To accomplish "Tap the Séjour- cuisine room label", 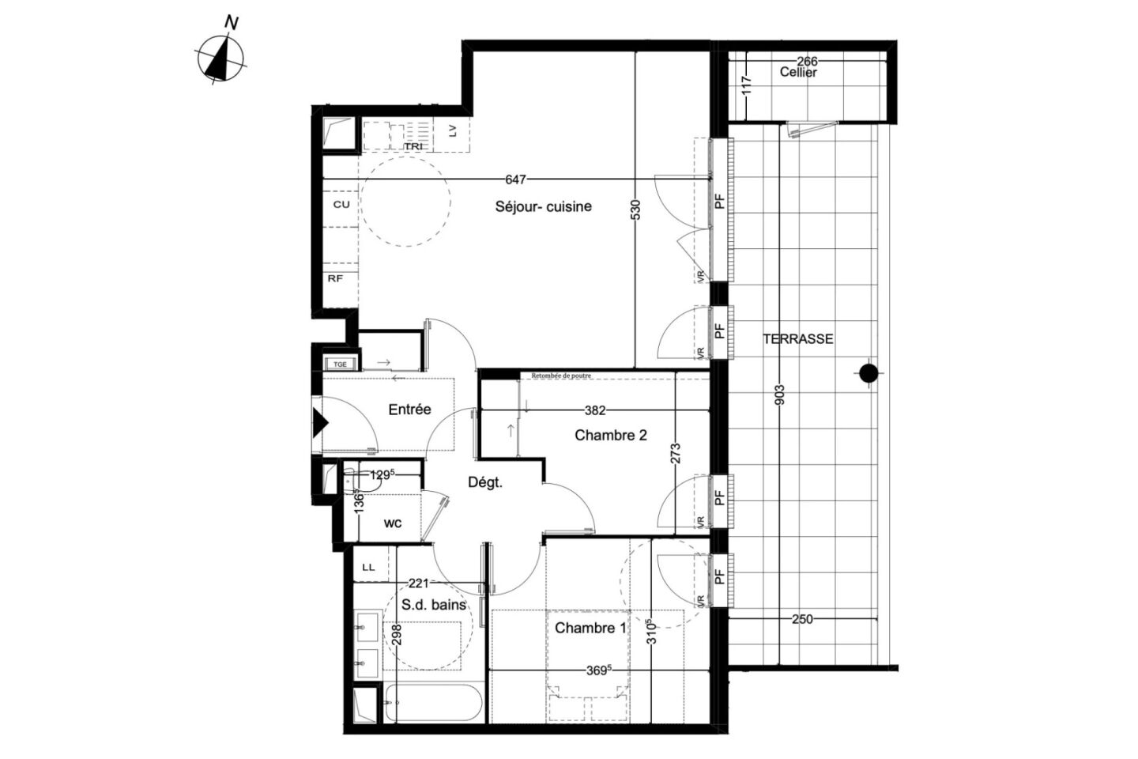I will [x=543, y=207].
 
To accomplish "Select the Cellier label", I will [x=798, y=72].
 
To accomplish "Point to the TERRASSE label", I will [x=797, y=339].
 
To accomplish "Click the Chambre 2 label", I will [x=611, y=435].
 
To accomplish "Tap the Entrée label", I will [x=409, y=410].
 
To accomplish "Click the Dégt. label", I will [x=484, y=482].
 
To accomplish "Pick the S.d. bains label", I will [x=434, y=606].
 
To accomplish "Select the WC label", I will [x=393, y=523].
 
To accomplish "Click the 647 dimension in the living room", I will [x=515, y=180].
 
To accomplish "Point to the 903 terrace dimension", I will [x=780, y=395].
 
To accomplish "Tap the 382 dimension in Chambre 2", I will [x=594, y=410].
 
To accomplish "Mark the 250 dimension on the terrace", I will [x=801, y=619].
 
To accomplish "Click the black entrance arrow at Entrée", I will [x=320, y=422].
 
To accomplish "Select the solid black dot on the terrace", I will [x=869, y=373].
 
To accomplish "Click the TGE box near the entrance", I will [x=341, y=364].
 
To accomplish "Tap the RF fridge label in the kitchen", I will [x=335, y=278].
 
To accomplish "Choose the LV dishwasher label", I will [x=452, y=131].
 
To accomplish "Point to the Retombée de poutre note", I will [x=561, y=376].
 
